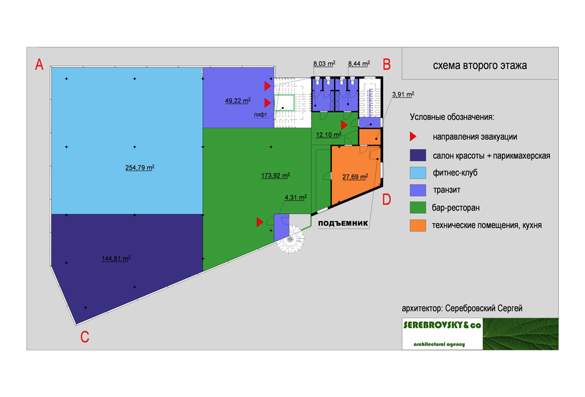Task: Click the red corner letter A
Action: click(x=39, y=64)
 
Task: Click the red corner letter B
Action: click(x=386, y=64)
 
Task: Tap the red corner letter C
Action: click(x=85, y=337)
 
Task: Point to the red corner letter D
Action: click(x=387, y=199)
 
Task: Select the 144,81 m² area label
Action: click(x=116, y=258)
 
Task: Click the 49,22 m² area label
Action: click(x=238, y=101)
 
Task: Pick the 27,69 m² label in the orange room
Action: click(x=355, y=177)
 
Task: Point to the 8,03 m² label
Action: click(x=324, y=63)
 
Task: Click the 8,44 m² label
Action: click(x=358, y=63)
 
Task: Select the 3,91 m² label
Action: click(x=402, y=94)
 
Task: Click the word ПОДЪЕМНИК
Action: click(x=342, y=223)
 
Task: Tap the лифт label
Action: click(x=260, y=115)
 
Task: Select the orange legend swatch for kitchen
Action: click(x=418, y=225)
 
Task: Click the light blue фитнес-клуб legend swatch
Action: click(x=418, y=172)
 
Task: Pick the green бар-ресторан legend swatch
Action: click(x=418, y=208)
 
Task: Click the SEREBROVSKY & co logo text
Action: click(x=442, y=326)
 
